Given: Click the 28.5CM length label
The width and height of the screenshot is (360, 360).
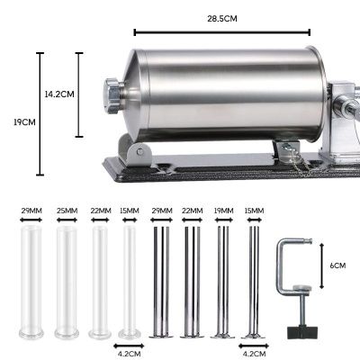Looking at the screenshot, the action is (x=222, y=19).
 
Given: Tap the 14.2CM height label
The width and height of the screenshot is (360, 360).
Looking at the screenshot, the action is (x=59, y=94).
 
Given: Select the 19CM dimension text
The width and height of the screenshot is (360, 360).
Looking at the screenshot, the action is (x=24, y=122).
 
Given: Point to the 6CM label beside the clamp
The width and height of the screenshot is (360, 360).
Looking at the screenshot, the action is (x=337, y=265).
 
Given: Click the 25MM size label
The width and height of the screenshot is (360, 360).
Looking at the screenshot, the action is (x=67, y=211).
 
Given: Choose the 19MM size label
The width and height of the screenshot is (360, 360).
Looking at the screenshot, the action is (x=224, y=211).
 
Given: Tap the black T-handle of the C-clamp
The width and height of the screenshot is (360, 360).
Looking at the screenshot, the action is (x=302, y=332).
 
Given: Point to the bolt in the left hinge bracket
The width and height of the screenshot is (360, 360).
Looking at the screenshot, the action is (x=139, y=152).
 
